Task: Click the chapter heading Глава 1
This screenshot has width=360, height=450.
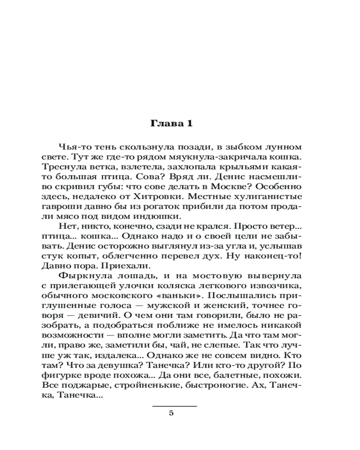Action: click(171, 124)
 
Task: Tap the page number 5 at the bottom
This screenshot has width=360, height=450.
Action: click(171, 414)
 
